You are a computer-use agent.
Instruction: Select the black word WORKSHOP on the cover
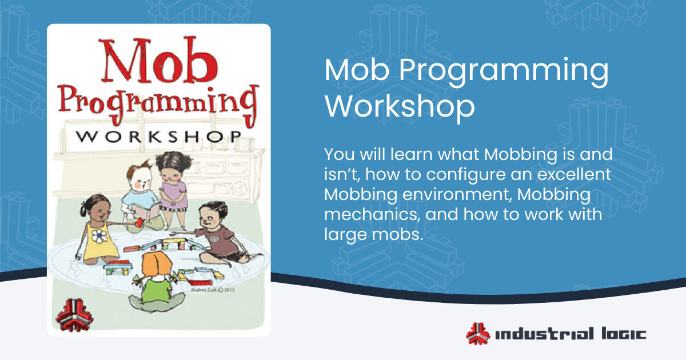tap(158, 138)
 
